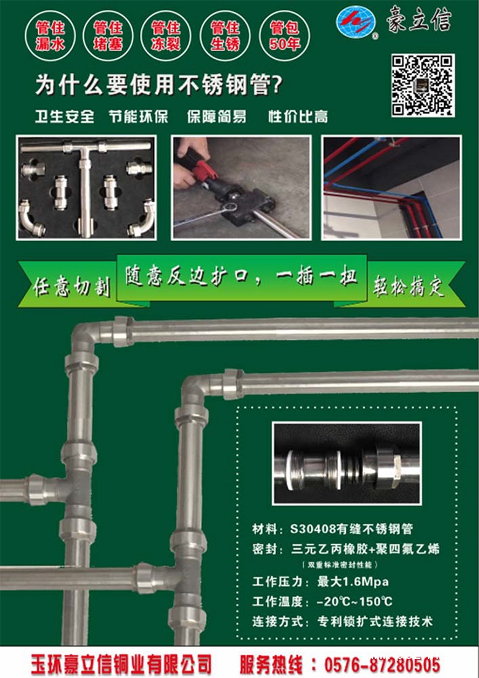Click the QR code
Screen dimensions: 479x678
[x=423, y=85]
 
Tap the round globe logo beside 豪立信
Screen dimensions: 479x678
[x=356, y=22]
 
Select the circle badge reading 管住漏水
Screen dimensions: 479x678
[x=50, y=36]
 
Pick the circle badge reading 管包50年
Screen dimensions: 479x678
[x=284, y=36]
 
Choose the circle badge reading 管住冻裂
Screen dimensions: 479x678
[x=165, y=36]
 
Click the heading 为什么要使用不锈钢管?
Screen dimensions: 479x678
[x=158, y=85]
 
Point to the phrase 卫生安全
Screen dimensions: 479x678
[x=65, y=117]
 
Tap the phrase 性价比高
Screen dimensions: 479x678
[x=298, y=117]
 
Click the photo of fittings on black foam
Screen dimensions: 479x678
[x=86, y=188]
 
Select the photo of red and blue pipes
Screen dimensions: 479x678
[x=391, y=188]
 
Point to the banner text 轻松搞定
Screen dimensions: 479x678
[x=409, y=286]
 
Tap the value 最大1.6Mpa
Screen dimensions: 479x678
[x=353, y=582]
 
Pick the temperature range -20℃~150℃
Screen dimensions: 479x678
[x=354, y=602]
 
